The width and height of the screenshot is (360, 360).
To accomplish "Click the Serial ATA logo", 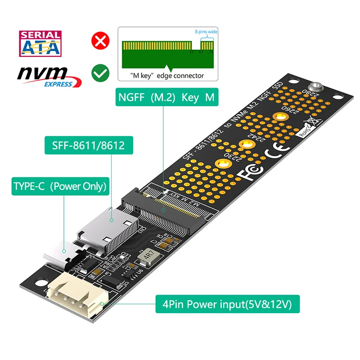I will pyautogui.click(x=40, y=44).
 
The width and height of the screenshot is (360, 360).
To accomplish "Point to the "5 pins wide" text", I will pyautogui.click(x=206, y=32).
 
